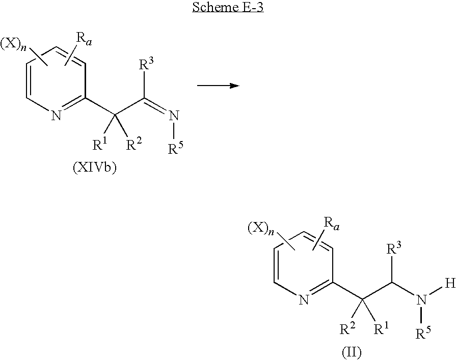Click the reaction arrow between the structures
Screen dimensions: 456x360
click(x=218, y=86)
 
